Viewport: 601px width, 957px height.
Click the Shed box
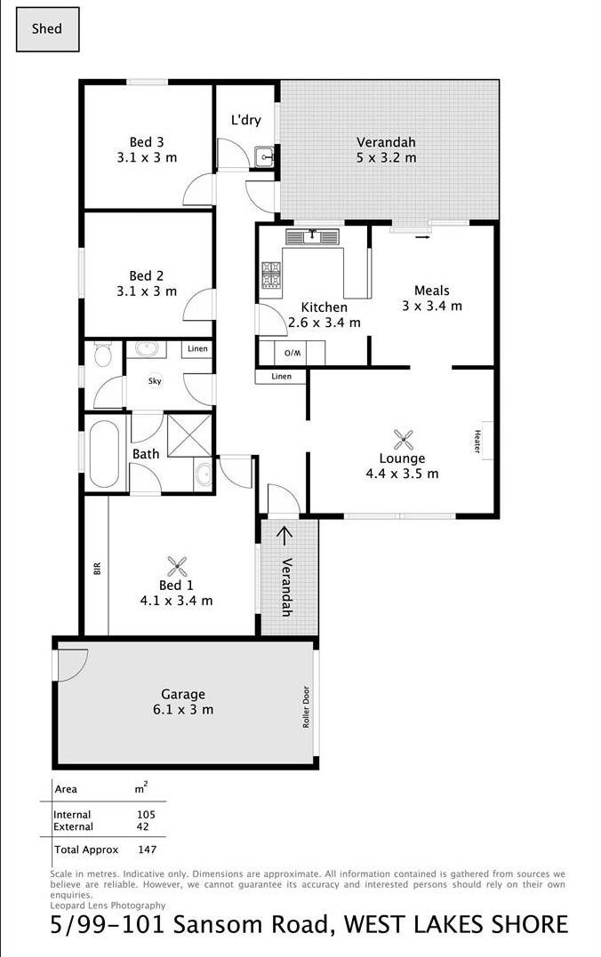47,28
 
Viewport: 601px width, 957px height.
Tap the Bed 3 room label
147,142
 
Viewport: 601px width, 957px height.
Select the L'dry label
245,120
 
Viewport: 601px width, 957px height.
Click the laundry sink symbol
265,157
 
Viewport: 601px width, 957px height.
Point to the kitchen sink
312,235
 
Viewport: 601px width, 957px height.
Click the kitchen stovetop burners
271,274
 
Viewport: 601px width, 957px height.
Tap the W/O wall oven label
292,353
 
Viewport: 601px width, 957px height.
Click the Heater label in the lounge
477,441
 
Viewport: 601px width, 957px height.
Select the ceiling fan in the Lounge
403,440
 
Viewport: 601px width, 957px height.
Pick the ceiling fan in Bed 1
177,567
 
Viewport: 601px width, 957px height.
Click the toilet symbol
102,354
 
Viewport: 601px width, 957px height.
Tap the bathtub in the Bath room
104,453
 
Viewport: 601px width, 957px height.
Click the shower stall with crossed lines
189,435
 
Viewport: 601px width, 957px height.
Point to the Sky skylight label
155,381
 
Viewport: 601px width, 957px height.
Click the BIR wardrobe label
97,568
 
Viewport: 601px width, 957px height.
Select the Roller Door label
306,706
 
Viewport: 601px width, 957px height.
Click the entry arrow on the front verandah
284,534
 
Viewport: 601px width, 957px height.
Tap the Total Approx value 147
148,849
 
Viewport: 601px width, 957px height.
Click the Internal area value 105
146,814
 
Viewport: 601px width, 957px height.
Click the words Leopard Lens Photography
108,905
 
